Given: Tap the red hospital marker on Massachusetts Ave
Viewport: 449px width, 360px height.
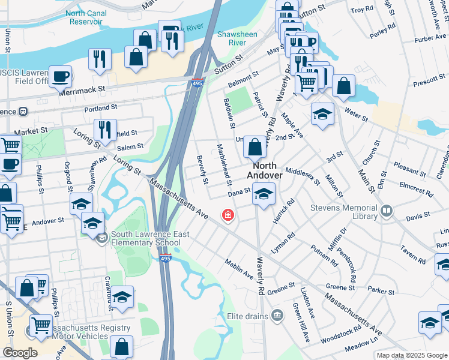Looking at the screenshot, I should [228, 214].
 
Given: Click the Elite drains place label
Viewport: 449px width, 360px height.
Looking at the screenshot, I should [247, 316].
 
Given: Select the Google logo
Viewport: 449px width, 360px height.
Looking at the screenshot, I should [20, 353].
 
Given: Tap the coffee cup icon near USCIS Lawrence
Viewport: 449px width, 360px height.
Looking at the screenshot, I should [61, 76].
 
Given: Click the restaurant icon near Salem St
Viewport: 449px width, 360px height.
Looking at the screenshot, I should [105, 130].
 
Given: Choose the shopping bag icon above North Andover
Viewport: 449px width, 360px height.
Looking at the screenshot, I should [255, 146].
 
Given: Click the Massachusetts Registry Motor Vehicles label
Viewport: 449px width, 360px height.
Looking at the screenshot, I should [90, 332].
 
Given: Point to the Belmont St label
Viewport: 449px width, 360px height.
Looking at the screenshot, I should [243, 78].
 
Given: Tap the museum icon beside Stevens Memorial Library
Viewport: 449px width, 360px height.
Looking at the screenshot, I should [387, 211].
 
